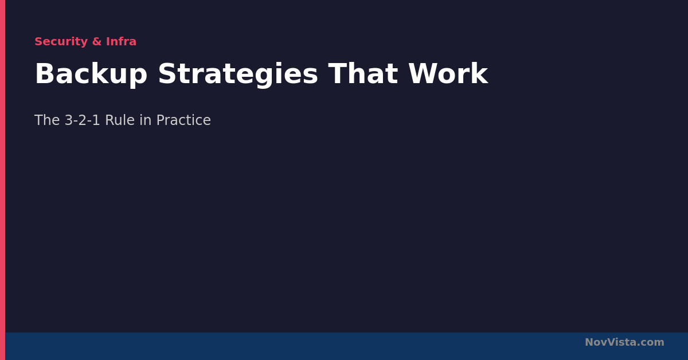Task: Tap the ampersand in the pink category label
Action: pos(97,41)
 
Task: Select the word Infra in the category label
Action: pos(121,41)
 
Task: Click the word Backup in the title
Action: pos(91,74)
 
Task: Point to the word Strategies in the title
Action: pos(238,74)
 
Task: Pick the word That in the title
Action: pos(363,74)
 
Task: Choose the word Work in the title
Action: pos(448,74)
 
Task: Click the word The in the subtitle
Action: pos(47,120)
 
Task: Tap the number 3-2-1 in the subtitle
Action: pos(83,120)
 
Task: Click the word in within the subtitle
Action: pos(145,120)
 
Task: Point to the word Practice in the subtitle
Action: pos(183,120)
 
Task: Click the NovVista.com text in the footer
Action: pos(624,342)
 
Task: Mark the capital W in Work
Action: pos(422,74)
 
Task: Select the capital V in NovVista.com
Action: pos(611,342)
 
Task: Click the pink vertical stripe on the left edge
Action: pos(2,180)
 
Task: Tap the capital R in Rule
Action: pos(110,120)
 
